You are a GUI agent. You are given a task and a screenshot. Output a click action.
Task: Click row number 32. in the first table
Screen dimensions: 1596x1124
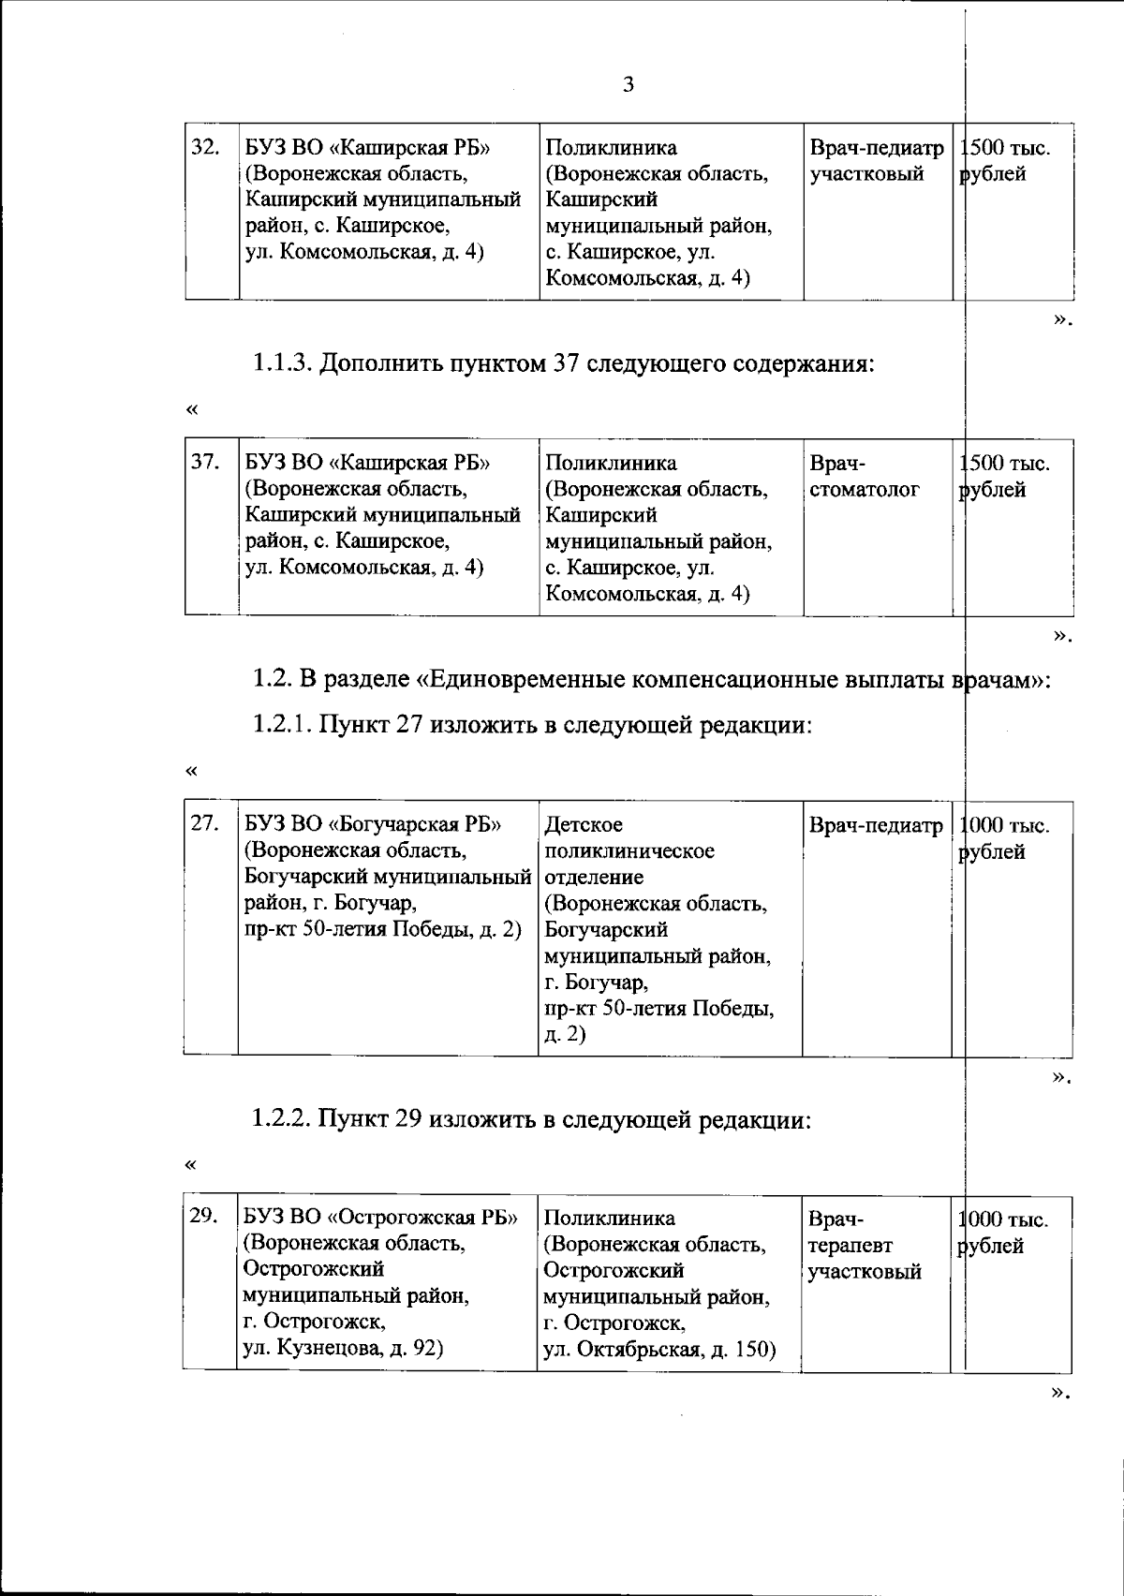[205, 148]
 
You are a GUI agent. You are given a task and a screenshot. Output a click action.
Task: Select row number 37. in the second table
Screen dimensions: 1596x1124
[205, 463]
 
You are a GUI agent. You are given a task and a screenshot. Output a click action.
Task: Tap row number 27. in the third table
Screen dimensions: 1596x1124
[205, 824]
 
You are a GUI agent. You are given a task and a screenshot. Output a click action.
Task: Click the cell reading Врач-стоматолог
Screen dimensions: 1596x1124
[864, 477]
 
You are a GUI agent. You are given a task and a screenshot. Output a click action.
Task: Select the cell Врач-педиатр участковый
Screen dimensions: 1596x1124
[876, 161]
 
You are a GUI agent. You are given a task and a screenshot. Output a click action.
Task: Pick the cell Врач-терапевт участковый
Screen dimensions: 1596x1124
[864, 1245]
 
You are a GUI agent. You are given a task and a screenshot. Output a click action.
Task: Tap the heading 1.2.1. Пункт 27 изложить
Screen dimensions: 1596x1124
[530, 725]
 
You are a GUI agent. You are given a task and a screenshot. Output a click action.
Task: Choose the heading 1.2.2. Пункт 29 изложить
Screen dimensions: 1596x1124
[530, 1119]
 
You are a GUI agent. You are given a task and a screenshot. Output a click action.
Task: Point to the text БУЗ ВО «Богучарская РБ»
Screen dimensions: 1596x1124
[373, 825]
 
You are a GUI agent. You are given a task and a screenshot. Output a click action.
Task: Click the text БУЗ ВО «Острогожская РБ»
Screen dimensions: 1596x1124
[380, 1218]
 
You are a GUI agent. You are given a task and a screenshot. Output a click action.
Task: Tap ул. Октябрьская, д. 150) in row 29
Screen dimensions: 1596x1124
[659, 1350]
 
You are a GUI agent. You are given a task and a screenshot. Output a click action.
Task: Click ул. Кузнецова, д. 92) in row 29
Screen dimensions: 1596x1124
[343, 1349]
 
